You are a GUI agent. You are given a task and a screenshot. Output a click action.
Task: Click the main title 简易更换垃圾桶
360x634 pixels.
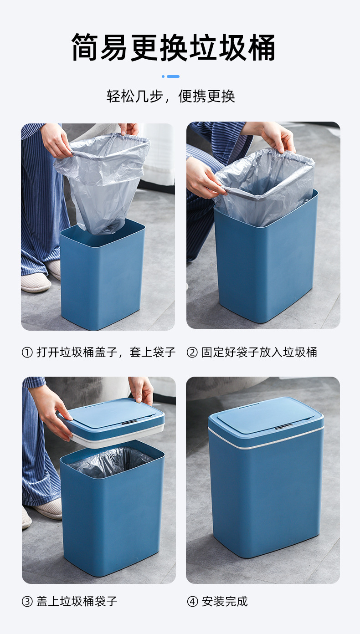[173, 47]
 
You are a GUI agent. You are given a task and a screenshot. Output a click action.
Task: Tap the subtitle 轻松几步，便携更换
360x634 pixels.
[171, 96]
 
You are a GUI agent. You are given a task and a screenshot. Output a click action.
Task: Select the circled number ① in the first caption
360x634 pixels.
[27, 352]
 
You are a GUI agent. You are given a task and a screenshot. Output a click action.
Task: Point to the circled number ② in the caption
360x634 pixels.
[192, 352]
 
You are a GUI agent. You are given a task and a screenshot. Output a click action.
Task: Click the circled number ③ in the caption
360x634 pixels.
[27, 601]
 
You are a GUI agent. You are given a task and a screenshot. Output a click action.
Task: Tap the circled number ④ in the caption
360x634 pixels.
[192, 601]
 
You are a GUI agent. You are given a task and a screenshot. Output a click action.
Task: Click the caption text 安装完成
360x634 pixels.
[225, 601]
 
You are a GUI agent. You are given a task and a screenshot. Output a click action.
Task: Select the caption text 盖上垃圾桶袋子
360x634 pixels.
[77, 601]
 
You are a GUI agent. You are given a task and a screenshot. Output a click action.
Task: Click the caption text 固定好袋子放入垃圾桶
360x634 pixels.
[259, 352]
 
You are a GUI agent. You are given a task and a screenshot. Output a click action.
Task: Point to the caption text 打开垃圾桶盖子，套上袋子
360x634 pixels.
[106, 352]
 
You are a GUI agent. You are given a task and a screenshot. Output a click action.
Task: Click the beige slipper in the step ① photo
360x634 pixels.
[36, 283]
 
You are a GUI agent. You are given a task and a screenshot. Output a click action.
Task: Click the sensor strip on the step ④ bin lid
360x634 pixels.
[284, 427]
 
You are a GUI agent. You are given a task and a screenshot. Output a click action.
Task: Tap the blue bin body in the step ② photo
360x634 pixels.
[264, 264]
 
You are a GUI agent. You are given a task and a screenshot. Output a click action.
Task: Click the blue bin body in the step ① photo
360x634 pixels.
[103, 282]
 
